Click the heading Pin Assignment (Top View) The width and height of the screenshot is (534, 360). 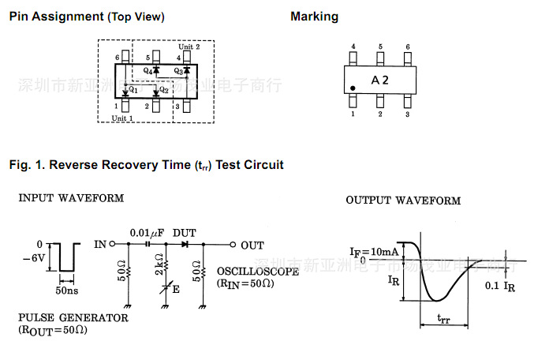[87, 17]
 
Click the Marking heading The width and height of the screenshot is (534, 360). [314, 17]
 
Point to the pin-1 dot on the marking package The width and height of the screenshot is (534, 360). [353, 88]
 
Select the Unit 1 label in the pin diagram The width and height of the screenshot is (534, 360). [123, 118]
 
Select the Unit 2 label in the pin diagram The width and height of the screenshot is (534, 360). [190, 47]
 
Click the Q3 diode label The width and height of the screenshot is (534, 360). [179, 71]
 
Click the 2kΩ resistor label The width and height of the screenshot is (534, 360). [159, 260]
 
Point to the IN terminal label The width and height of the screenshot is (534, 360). [100, 245]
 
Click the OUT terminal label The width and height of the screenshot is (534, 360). [252, 246]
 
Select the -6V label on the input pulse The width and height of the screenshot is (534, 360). [35, 257]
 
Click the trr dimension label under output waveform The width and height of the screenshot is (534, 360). [443, 319]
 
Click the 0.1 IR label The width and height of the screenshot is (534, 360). [500, 286]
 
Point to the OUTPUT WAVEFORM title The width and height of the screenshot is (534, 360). [402, 201]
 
